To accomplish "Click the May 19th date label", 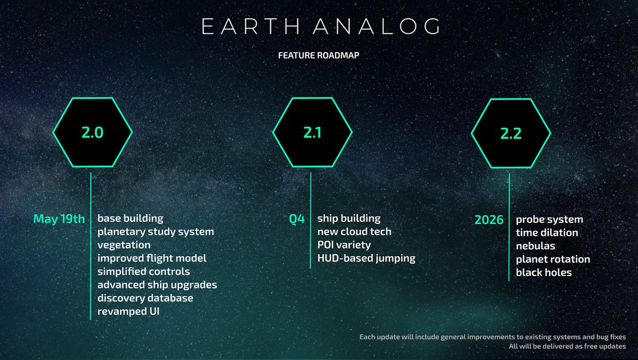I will (59, 219).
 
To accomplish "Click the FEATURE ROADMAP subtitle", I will (318, 54).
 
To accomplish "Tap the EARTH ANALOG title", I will (318, 26).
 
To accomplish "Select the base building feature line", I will (130, 219).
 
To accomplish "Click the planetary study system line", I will (156, 232).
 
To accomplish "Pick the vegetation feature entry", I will (124, 245).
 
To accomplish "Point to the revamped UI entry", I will (128, 312).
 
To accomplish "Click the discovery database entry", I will (145, 298).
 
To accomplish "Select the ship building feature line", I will (349, 219).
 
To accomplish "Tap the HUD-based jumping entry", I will (366, 258).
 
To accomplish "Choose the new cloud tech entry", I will (354, 232).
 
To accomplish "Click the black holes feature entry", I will (544, 273).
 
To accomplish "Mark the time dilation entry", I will (547, 233).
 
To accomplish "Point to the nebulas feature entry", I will (535, 246).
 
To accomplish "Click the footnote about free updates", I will (567, 347).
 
